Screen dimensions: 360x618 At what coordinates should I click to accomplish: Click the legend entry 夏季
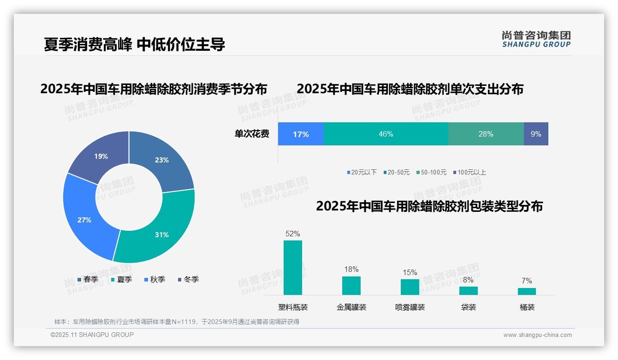[x=122, y=279]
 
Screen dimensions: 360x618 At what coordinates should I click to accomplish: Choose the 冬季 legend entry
[x=189, y=279]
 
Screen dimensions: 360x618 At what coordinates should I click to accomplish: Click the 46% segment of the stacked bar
[x=386, y=134]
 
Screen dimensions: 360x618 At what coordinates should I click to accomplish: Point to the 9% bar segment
[x=536, y=134]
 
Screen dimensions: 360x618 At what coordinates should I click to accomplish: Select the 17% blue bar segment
[x=301, y=134]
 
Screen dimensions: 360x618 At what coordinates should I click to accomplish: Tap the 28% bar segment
[x=486, y=134]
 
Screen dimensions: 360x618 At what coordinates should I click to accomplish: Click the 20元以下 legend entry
[x=362, y=172]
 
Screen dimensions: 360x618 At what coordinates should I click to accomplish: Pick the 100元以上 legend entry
[x=469, y=172]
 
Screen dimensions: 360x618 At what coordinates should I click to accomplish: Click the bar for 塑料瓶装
[x=293, y=267]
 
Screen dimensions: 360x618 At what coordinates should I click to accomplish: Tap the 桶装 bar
[x=527, y=291]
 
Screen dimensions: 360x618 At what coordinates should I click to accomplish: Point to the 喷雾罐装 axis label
[x=410, y=307]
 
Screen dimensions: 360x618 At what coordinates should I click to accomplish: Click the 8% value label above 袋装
[x=468, y=280]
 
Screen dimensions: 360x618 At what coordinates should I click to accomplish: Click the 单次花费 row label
[x=252, y=134]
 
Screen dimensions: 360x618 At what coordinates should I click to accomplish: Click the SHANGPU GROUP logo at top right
[x=536, y=39]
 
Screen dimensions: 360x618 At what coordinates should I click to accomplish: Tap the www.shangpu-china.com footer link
[x=537, y=335]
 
